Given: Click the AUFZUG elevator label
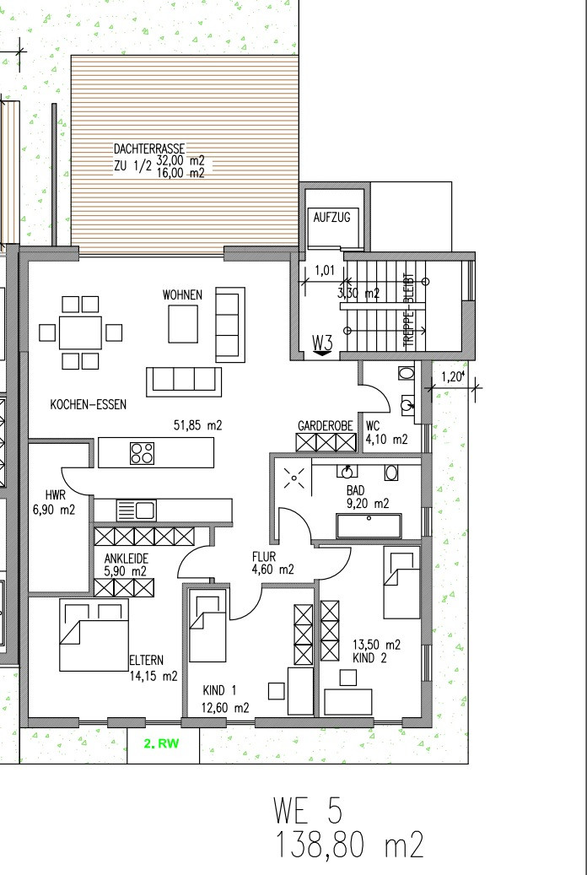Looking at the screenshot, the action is click(332, 218).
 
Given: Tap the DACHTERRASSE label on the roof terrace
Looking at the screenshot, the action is click(149, 149).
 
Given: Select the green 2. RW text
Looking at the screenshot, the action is click(161, 744).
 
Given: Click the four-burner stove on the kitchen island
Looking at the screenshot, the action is click(143, 452).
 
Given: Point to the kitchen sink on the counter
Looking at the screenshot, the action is click(136, 510).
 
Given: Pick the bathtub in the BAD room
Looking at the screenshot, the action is click(369, 526).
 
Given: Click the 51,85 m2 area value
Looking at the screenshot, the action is click(198, 426).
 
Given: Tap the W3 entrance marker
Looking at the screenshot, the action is click(322, 343).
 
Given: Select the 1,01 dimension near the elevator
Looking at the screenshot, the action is click(325, 271).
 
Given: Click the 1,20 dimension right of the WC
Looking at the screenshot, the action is click(453, 377).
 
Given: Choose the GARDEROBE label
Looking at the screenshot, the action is click(326, 426).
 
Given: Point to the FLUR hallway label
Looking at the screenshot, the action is click(264, 557).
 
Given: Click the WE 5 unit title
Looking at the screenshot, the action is click(308, 810).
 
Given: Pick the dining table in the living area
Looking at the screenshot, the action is click(81, 332).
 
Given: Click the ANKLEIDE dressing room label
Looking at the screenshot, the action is click(127, 559).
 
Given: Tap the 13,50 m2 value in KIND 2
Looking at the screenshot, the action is click(377, 645).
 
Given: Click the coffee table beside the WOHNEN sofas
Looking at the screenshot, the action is click(183, 324).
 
